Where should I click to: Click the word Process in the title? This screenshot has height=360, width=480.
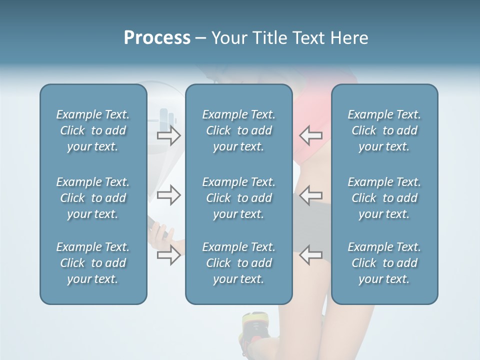[x=157, y=38]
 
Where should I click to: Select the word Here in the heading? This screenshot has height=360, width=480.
[x=349, y=38]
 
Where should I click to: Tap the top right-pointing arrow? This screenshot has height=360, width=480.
[x=169, y=135]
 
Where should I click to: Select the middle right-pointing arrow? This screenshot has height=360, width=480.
[x=169, y=195]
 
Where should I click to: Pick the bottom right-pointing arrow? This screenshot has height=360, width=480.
[x=169, y=255]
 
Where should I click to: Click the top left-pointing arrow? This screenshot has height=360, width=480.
[x=310, y=135]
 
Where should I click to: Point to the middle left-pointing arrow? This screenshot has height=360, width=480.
[x=310, y=195]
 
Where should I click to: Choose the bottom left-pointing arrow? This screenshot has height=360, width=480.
[x=310, y=255]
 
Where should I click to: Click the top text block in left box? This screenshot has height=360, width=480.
[x=93, y=130]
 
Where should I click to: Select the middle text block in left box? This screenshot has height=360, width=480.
[x=93, y=198]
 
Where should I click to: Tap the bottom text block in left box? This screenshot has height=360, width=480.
[x=93, y=263]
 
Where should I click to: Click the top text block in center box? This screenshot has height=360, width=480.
[x=238, y=130]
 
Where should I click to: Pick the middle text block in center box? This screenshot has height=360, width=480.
[x=238, y=198]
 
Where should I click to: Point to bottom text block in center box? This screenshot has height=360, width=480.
[x=238, y=263]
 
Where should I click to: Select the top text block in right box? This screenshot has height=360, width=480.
[x=384, y=130]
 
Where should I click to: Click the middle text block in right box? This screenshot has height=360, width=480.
[x=384, y=198]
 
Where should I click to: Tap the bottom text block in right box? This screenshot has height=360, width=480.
[x=384, y=263]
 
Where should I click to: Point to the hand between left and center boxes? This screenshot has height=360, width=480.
[x=162, y=233]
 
